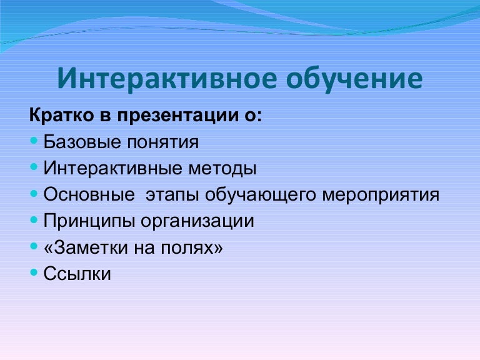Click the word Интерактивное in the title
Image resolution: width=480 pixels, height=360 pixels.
point(166,80)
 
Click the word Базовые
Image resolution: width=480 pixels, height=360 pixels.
point(77,142)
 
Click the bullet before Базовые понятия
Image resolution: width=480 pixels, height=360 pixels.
point(34,142)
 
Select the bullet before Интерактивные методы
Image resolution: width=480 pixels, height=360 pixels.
point(34,168)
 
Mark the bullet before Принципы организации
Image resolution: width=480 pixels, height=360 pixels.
point(34,221)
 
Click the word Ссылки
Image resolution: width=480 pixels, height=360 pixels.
point(77,274)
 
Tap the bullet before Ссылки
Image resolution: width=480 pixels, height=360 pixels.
point(34,273)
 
